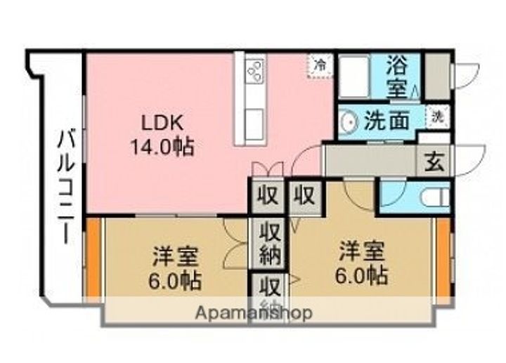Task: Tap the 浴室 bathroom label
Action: (x=396, y=77)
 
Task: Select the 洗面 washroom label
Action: (x=387, y=120)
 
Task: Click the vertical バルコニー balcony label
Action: (x=67, y=187)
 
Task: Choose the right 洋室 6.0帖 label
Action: (x=361, y=263)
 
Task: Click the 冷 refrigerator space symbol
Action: (x=320, y=65)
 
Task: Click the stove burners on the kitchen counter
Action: (x=256, y=70)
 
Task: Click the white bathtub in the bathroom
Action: (x=354, y=77)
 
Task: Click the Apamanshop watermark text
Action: (x=254, y=312)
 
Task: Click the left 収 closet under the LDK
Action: (x=268, y=196)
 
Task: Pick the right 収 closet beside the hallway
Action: (x=305, y=196)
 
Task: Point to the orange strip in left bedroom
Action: (x=94, y=257)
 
